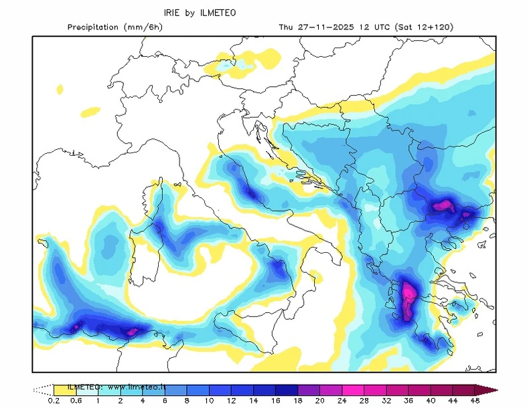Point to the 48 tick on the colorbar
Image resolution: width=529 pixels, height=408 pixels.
pyautogui.click(x=475, y=401)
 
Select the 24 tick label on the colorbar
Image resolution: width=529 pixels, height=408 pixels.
pyautogui.click(x=321, y=401)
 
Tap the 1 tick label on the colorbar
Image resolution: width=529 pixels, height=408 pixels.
pyautogui.click(x=98, y=401)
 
